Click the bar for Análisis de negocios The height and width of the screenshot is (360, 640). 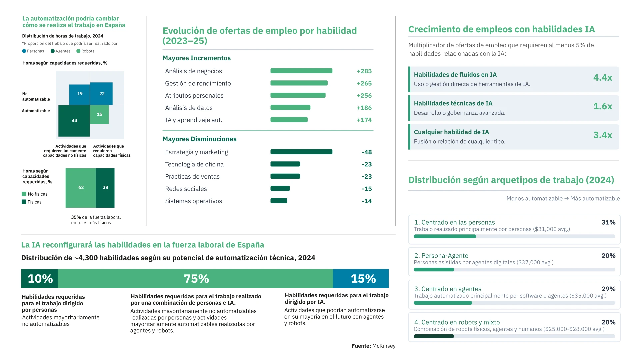[x=301, y=71]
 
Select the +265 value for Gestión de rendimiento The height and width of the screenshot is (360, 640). [x=364, y=83]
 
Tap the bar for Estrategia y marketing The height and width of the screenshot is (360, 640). [x=301, y=152]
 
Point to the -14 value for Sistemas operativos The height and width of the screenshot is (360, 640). [x=367, y=201]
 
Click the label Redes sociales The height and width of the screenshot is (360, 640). [x=186, y=189]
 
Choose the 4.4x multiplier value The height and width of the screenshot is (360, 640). [x=603, y=78]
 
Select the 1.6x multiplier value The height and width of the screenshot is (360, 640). [x=603, y=106]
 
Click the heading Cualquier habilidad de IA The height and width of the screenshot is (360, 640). [x=451, y=132]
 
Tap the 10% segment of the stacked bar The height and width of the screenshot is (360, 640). [x=39, y=278]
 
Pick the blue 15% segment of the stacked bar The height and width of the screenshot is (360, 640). [x=361, y=278]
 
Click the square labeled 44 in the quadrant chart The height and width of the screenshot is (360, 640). [x=74, y=121]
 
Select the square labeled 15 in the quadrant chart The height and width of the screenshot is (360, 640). [x=99, y=114]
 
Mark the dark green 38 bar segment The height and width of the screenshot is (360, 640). [x=105, y=188]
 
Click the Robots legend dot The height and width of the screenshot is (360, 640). [x=78, y=51]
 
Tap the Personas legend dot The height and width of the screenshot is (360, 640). [x=24, y=51]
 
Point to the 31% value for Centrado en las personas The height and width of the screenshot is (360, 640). [x=608, y=222]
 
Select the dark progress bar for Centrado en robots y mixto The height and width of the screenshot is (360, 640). [x=434, y=336]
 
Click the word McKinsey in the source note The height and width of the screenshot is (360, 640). [x=384, y=346]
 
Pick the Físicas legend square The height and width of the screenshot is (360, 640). [x=24, y=202]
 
